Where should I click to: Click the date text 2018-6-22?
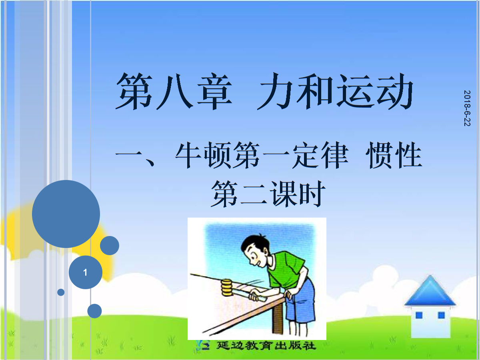467,108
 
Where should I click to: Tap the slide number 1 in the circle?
85,272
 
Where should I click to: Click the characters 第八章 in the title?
174,91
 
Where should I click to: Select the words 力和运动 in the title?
335,91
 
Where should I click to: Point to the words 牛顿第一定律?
262,155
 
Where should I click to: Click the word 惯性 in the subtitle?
394,155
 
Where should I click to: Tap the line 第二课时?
268,194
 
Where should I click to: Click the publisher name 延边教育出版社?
266,346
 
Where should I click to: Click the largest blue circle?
66,214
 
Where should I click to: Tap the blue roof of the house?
430,291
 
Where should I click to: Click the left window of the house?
419,315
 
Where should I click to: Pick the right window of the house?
442,315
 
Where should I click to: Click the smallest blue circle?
61,292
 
